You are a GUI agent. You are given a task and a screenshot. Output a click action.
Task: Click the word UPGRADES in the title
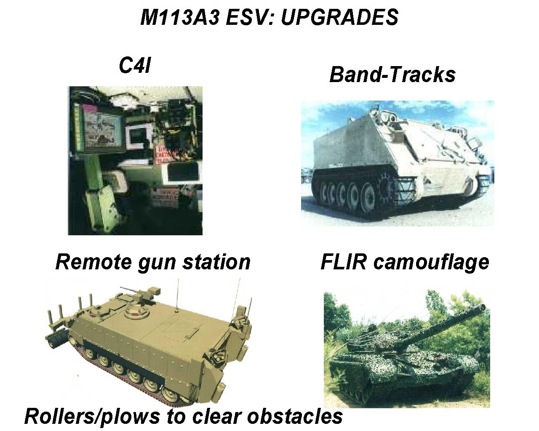click(339, 17)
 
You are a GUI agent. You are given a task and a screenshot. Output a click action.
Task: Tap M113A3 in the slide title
click(180, 17)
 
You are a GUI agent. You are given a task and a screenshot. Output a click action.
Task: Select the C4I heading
click(135, 65)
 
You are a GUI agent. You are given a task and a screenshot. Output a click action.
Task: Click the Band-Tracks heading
click(392, 74)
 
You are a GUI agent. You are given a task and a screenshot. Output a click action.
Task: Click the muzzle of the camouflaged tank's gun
click(482, 307)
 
